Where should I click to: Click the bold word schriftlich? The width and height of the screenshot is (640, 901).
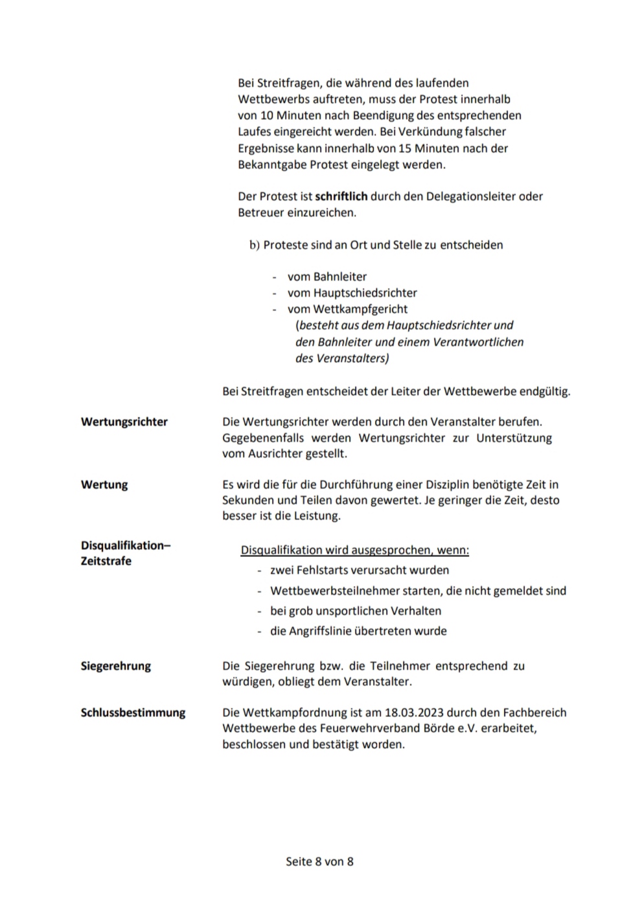[341, 196]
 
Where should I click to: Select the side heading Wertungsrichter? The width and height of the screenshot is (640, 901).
[124, 422]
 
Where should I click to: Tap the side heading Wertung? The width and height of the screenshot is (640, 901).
[104, 485]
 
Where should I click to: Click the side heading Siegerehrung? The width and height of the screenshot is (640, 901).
[116, 666]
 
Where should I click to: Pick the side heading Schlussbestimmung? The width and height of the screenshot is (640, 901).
[133, 713]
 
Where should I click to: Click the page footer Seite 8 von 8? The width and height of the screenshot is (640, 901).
[319, 861]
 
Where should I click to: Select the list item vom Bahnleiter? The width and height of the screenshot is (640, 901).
[327, 277]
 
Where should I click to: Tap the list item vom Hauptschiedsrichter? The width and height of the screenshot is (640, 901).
[352, 293]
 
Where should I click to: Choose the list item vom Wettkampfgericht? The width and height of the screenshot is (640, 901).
[347, 309]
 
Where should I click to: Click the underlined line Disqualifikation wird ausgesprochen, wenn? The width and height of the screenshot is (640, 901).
[355, 551]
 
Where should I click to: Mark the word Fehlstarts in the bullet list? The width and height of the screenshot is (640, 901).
[324, 571]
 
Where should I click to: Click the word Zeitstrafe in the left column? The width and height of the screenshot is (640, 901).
[106, 561]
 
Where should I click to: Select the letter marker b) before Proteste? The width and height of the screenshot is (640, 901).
[255, 245]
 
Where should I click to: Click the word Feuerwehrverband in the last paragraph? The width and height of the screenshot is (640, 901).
[367, 728]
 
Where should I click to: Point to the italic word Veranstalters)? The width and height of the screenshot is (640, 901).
[352, 358]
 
